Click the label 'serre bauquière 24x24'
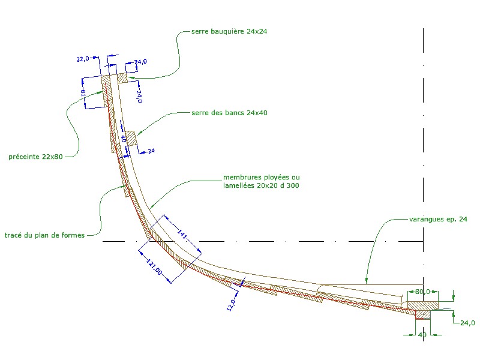point(229,31)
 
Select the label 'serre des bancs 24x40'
point(229,113)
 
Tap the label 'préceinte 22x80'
point(35,157)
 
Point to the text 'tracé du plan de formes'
point(46,235)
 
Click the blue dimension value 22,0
point(83,59)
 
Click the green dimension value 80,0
point(423,292)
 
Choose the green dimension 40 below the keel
point(422,335)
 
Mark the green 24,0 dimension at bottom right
point(467,323)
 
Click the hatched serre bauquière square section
point(122,77)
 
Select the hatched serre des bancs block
point(131,138)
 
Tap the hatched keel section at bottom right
point(422,313)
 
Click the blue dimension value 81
point(83,92)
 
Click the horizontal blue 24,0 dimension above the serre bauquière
point(140,62)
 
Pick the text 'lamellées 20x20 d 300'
point(261,186)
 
